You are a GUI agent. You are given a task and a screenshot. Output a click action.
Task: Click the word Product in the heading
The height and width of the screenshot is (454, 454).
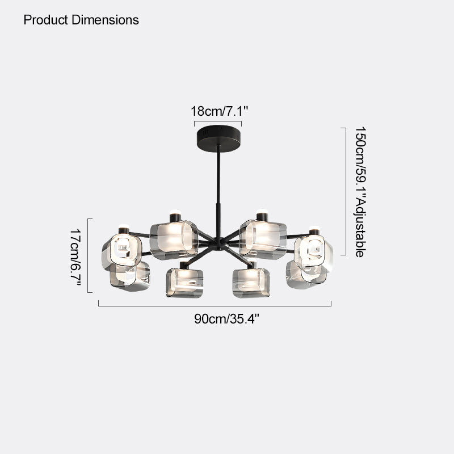[x=46, y=20]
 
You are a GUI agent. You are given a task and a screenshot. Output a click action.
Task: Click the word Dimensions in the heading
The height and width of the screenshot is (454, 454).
[x=106, y=20]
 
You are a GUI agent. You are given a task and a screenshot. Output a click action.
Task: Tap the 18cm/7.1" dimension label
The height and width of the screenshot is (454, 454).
[x=220, y=111]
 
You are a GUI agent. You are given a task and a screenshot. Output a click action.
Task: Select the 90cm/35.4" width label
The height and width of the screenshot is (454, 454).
[x=226, y=319]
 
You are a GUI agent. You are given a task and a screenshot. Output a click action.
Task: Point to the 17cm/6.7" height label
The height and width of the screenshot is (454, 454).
[x=75, y=257]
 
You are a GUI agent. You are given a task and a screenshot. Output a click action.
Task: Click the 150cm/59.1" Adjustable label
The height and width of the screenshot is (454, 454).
[x=361, y=192]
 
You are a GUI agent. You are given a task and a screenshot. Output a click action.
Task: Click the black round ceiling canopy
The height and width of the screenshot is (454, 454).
[x=219, y=138]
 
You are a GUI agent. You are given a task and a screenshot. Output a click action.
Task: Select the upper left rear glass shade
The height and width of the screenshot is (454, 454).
[x=174, y=239]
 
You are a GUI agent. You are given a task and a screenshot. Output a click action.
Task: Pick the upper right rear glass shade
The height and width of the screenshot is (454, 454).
[x=263, y=239]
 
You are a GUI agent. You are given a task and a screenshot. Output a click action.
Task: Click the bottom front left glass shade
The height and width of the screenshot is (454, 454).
[x=184, y=283]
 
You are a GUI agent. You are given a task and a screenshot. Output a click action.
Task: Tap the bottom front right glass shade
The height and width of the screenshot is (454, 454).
[x=251, y=283]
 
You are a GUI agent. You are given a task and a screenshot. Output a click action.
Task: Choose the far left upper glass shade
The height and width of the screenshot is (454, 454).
[x=122, y=251]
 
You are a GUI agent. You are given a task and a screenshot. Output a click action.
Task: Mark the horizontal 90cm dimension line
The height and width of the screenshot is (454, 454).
[x=215, y=306]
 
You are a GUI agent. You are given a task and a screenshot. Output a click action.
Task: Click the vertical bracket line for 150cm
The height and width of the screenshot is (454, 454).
[x=346, y=191]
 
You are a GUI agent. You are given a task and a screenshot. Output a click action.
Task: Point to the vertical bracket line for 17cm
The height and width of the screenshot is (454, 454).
[x=88, y=256]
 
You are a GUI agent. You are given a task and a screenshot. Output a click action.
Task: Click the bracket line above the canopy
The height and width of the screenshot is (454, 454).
[x=218, y=121]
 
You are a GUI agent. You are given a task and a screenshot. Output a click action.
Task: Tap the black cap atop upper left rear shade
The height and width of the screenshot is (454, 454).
[x=175, y=217]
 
